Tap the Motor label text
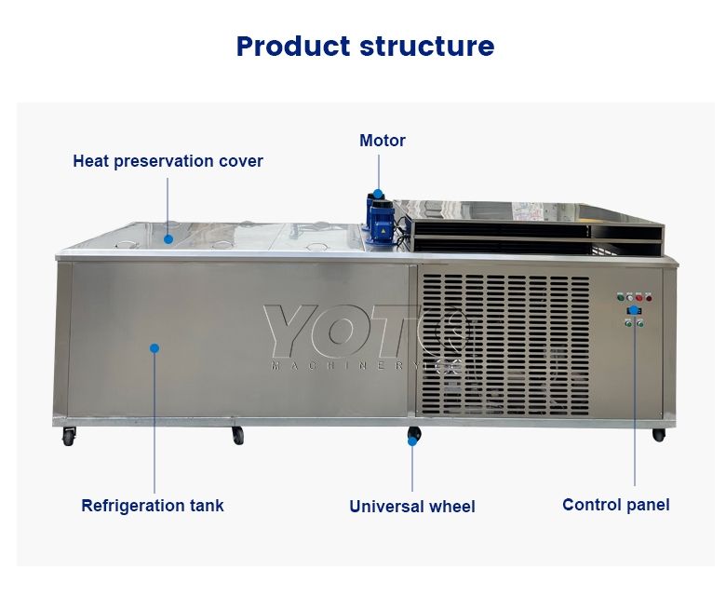click(383, 141)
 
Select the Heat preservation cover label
click(168, 161)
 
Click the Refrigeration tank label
click(153, 506)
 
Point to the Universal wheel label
click(412, 507)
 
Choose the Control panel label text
click(615, 505)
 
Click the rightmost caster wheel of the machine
click(658, 435)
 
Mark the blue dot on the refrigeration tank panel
click(155, 348)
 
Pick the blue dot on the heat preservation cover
click(168, 238)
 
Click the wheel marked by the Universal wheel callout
click(413, 435)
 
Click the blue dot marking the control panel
click(634, 310)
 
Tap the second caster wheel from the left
click(237, 435)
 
